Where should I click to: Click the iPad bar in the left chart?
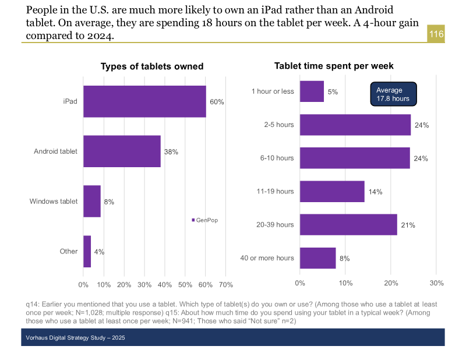[144, 101]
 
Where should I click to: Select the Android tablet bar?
[122, 151]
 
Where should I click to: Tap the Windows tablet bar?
[92, 202]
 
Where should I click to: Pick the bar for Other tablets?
[87, 252]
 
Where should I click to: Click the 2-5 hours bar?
[355, 125]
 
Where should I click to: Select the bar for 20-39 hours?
[348, 225]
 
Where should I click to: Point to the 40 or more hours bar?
[318, 258]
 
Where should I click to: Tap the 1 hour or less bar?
[312, 91]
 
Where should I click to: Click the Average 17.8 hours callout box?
[393, 94]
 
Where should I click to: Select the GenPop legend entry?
[205, 220]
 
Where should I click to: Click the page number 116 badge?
[436, 34]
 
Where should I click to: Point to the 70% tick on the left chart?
[225, 285]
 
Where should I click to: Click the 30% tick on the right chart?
[436, 283]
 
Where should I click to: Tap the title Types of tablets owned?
[152, 66]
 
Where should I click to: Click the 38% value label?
[171, 152]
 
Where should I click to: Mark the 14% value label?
[375, 192]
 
